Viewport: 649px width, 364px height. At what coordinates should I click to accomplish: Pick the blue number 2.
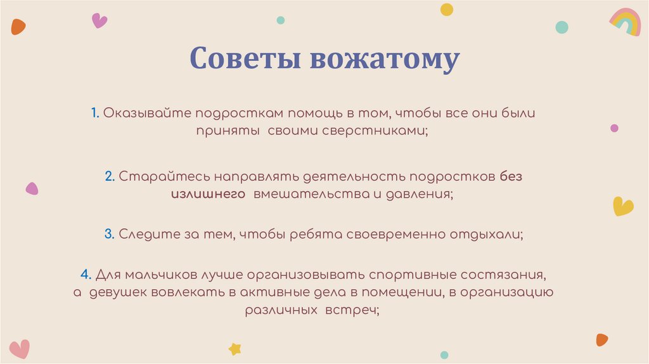tap(109, 177)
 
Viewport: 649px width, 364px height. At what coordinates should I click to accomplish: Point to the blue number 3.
tap(109, 234)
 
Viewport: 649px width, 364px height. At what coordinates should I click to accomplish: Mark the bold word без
tap(511, 177)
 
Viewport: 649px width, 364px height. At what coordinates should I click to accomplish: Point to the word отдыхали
tap(485, 234)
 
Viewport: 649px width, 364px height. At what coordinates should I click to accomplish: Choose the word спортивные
tap(413, 275)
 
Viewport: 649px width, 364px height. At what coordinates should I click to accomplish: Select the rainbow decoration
tap(626, 22)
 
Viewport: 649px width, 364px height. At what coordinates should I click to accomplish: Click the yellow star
tap(235, 348)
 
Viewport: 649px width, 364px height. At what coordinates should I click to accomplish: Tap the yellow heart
tap(623, 206)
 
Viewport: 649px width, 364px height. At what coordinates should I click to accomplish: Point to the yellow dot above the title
tap(447, 9)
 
